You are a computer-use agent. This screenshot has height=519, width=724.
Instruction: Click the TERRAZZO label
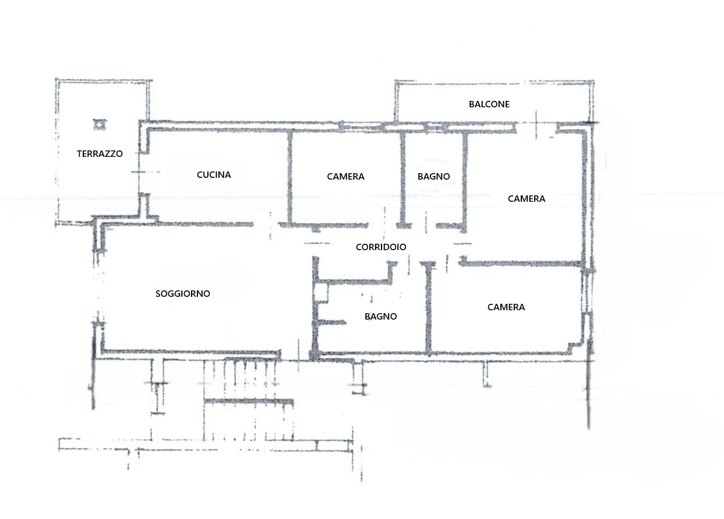coord(100,154)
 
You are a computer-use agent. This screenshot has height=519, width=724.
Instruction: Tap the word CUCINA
coord(214,175)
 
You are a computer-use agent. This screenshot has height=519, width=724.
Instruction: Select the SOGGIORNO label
coord(183,294)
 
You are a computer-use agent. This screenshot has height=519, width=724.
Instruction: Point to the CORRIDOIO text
coord(381,247)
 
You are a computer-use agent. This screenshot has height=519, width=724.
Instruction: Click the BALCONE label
coord(489,104)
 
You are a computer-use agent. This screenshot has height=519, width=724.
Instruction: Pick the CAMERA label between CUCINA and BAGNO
coord(346,177)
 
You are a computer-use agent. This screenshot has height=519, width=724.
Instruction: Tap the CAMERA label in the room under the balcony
coord(527,199)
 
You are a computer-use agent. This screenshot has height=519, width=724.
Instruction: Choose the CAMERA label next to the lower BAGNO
coord(506,307)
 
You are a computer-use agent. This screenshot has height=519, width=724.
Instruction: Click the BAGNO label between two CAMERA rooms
coord(434,177)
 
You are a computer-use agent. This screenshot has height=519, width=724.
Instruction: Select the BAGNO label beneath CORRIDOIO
coord(381,317)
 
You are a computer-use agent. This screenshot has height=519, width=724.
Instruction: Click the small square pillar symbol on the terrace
coord(100,125)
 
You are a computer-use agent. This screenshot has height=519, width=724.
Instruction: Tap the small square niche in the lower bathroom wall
coord(321,293)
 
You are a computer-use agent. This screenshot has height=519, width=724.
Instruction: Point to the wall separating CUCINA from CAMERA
coord(290,177)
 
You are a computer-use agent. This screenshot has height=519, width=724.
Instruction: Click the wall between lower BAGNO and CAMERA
coord(429,308)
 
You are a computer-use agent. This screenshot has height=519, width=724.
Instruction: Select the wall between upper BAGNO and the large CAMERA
coord(465,182)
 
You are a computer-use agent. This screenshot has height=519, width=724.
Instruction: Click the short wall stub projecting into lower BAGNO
coord(331,322)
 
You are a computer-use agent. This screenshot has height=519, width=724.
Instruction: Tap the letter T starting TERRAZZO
coord(79,154)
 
